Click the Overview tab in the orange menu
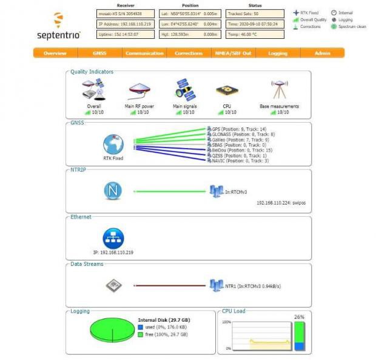[x=55, y=53]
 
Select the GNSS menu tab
[x=99, y=53]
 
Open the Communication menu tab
[x=144, y=53]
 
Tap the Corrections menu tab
[x=189, y=53]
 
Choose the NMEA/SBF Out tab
[x=232, y=53]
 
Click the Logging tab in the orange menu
[x=278, y=53]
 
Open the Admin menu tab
[x=323, y=53]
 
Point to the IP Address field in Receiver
[x=125, y=24]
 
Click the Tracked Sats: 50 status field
[x=255, y=13]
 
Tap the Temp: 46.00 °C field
[x=255, y=35]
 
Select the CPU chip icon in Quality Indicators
[x=223, y=91]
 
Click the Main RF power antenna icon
[x=139, y=91]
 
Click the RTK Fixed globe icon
[x=113, y=144]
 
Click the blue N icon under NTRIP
[x=113, y=191]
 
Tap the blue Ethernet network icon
[x=113, y=237]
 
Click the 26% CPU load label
[x=298, y=317]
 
